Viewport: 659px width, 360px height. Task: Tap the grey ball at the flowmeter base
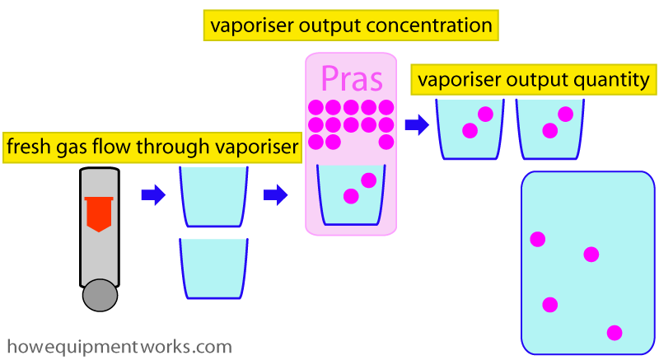[100, 295]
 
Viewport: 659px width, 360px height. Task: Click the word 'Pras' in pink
[352, 78]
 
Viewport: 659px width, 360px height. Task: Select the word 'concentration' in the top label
[429, 26]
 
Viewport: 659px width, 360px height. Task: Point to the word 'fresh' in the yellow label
[26, 146]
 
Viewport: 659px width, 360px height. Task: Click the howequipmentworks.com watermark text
[119, 347]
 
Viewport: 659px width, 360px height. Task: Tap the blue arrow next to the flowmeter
[153, 195]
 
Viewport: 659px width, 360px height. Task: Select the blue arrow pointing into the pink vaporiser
[276, 195]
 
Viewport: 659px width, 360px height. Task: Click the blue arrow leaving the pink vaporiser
[417, 124]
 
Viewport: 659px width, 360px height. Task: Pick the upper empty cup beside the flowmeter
[213, 197]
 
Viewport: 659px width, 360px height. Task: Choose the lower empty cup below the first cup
[213, 269]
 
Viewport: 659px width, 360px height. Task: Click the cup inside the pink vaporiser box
[351, 195]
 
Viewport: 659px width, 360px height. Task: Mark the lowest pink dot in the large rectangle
[615, 333]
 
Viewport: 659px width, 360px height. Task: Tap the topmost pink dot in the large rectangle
[538, 240]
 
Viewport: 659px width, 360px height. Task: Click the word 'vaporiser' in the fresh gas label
[256, 147]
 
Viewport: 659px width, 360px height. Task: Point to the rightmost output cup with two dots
[549, 129]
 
